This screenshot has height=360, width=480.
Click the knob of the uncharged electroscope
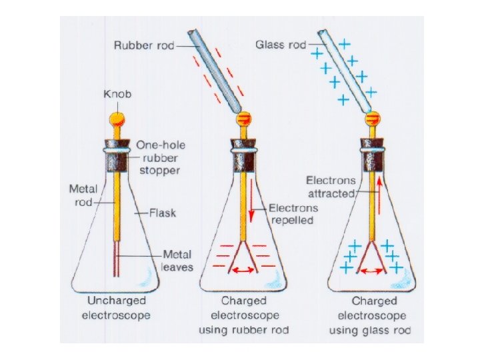click(117, 119)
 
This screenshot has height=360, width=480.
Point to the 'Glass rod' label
click(281, 45)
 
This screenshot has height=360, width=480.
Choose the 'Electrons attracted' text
click(331, 186)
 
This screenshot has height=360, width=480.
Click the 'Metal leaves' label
click(177, 261)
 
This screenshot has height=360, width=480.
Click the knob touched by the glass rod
click(373, 119)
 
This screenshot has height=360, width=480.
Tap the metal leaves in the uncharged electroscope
click(118, 255)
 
